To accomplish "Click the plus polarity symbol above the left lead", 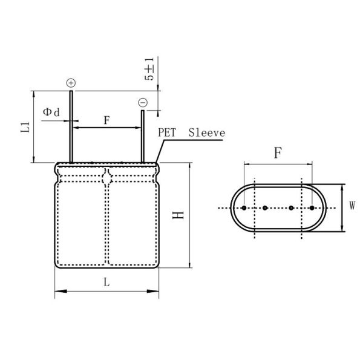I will tap(71, 82).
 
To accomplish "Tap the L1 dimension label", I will tap(25, 127).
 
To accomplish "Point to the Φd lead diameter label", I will tap(51, 113).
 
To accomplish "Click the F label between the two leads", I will tap(106, 120).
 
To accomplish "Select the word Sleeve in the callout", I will tap(206, 132).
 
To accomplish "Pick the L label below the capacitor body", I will tap(106, 283).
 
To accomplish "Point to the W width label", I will tap(352, 206).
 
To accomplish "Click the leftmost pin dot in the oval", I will tap(244, 208).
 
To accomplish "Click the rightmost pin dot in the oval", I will tap(312, 208).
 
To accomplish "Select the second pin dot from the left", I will tap(265, 208).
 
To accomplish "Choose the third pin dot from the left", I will tap(291, 208).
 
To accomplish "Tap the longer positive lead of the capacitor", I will tap(71, 127).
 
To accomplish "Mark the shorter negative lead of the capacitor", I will tap(143, 136).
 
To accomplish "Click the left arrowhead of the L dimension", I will tap(58, 292).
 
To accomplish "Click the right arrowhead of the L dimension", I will tap(157, 292).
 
